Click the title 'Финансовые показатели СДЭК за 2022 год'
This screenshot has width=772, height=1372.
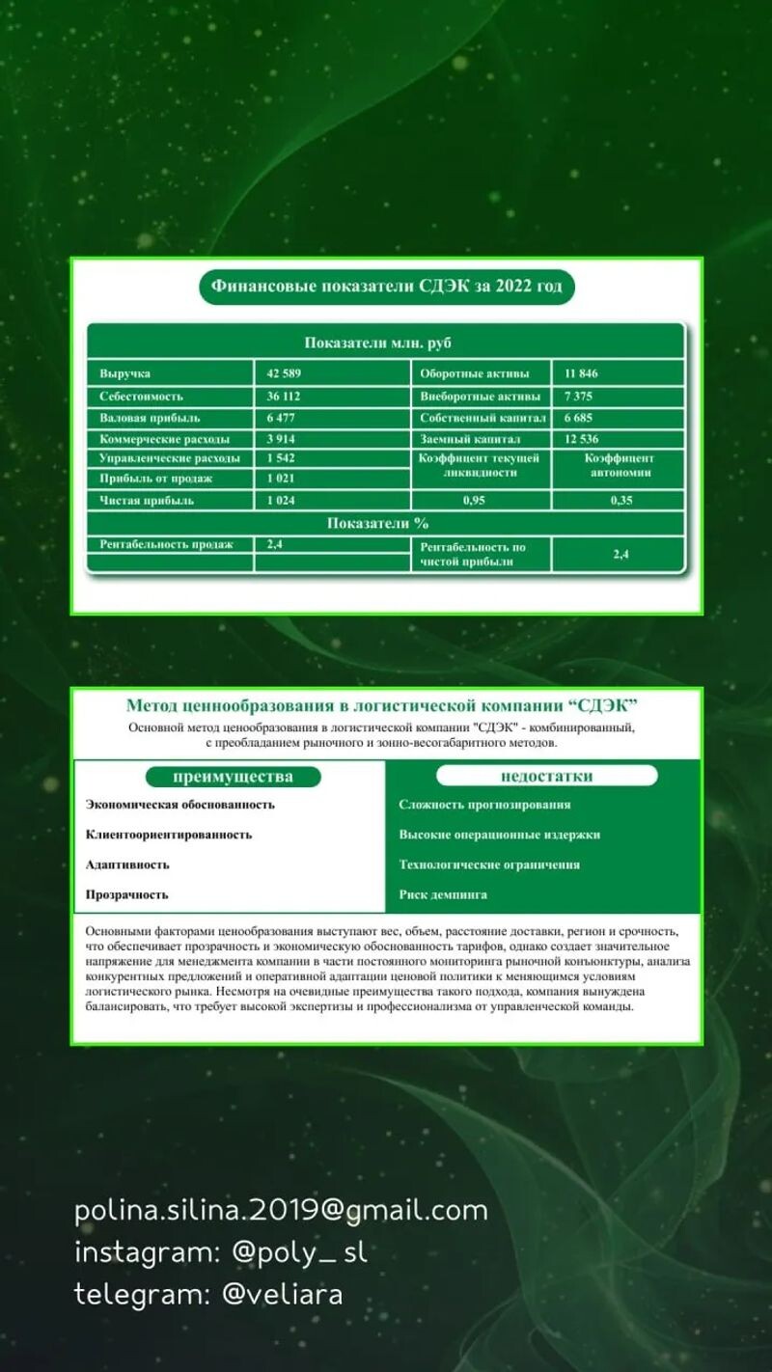pyautogui.click(x=386, y=287)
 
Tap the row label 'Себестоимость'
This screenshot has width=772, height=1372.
pyautogui.click(x=141, y=397)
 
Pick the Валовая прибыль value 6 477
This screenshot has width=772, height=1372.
pyautogui.click(x=281, y=419)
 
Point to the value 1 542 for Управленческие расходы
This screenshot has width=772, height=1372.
pyautogui.click(x=281, y=458)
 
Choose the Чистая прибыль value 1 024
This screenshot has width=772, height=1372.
pyautogui.click(x=281, y=501)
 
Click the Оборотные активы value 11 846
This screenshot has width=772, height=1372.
pyautogui.click(x=583, y=373)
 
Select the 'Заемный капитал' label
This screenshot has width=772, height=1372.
pyautogui.click(x=470, y=440)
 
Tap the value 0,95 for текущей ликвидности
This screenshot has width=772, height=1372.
pyautogui.click(x=474, y=501)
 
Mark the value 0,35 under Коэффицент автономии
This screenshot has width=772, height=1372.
pyautogui.click(x=620, y=501)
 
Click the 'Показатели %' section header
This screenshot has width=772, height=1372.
pyautogui.click(x=377, y=524)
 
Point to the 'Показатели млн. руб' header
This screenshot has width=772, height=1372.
pyautogui.click(x=377, y=343)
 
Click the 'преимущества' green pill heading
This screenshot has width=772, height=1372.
pyautogui.click(x=233, y=777)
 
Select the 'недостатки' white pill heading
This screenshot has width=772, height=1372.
pyautogui.click(x=546, y=776)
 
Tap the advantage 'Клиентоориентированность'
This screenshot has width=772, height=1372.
pyautogui.click(x=169, y=835)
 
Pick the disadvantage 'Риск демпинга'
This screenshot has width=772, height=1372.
pyautogui.click(x=443, y=894)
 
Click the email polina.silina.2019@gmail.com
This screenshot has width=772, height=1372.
pyautogui.click(x=281, y=1210)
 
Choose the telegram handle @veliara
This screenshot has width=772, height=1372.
pyautogui.click(x=282, y=1294)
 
